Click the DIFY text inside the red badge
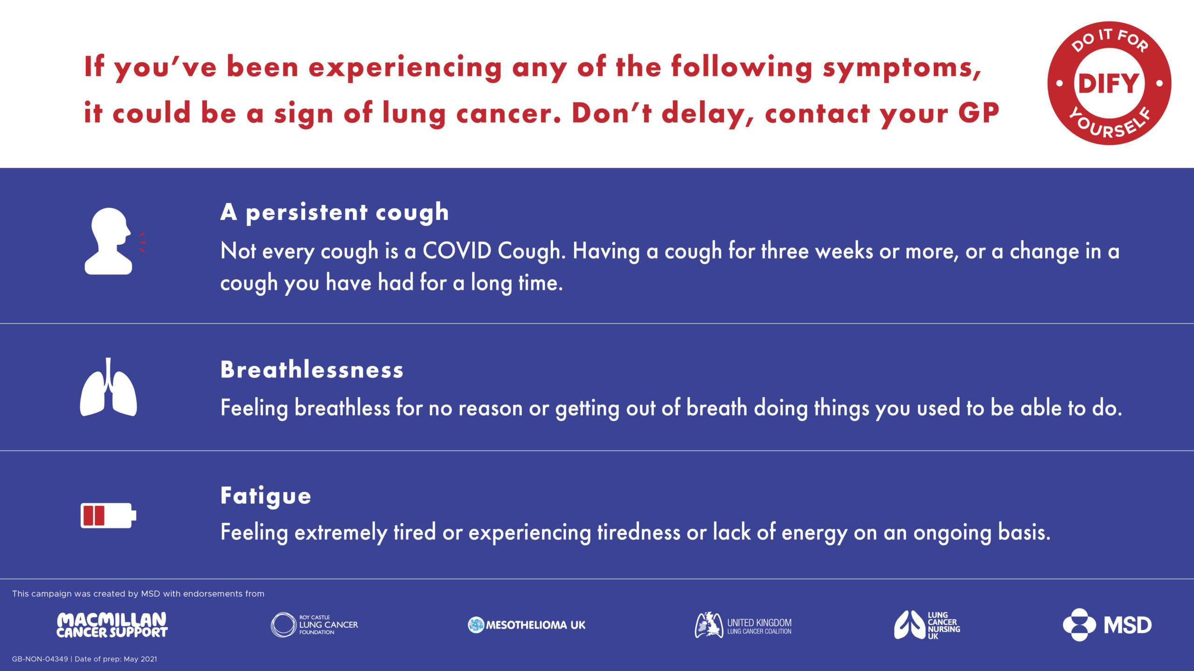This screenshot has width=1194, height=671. [1109, 84]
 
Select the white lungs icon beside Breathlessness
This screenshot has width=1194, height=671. [108, 387]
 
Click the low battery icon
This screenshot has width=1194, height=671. [108, 515]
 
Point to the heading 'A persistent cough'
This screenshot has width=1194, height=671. [334, 212]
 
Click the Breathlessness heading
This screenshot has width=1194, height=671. [312, 370]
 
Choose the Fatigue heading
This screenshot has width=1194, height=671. [265, 496]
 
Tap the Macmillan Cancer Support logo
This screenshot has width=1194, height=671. [112, 625]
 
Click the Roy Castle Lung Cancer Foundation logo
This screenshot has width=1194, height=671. [314, 625]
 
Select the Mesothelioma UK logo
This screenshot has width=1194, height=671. [526, 625]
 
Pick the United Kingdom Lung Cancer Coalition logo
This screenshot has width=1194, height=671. [743, 625]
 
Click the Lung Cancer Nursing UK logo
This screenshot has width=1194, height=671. [927, 625]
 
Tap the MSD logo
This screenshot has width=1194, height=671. [1107, 625]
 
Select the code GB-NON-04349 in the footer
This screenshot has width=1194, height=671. [40, 659]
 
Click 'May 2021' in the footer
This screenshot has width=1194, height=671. [140, 659]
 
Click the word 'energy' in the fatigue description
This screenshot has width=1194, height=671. [814, 533]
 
